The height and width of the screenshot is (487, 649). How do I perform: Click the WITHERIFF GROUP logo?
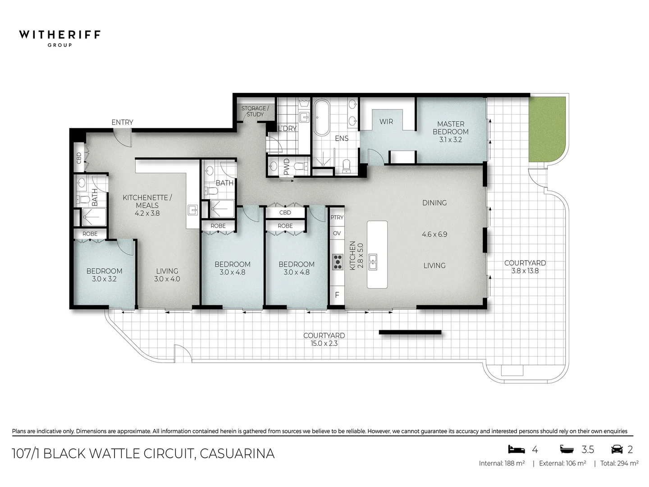(59, 37)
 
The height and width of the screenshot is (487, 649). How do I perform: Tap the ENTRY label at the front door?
(122, 122)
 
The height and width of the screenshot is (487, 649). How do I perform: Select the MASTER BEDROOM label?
(450, 128)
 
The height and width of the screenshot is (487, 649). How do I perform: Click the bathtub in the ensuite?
(321, 118)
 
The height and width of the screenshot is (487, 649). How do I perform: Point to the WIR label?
(386, 121)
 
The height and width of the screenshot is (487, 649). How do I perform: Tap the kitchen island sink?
(373, 262)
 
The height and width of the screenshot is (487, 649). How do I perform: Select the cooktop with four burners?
(337, 261)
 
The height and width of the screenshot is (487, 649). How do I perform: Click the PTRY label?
(337, 217)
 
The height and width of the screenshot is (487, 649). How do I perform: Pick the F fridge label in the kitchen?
(337, 296)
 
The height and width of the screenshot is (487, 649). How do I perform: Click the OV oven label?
(337, 233)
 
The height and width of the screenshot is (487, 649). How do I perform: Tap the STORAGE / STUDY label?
(255, 111)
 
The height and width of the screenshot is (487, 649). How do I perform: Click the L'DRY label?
(287, 129)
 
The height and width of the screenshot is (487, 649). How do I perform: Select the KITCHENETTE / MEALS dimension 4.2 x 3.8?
(147, 213)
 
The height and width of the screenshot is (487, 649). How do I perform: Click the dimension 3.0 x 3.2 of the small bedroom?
(104, 279)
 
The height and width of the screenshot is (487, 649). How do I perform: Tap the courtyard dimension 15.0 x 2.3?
(324, 344)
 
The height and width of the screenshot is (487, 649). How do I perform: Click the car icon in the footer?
(617, 449)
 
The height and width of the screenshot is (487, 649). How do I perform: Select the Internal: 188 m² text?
(502, 464)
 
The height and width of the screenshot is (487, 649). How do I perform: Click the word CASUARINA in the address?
(237, 453)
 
